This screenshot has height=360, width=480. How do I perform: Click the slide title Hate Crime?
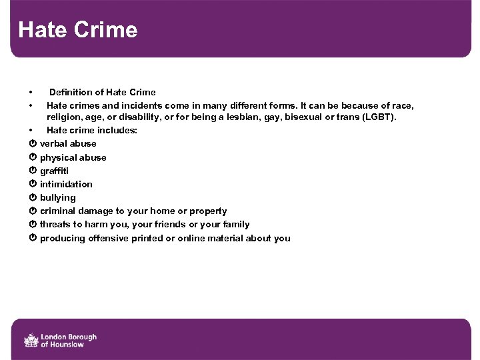[x=78, y=30]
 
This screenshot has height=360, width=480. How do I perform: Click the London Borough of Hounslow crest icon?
[x=31, y=340]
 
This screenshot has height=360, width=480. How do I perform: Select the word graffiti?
[x=54, y=171]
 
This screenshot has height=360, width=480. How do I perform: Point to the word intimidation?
[x=66, y=184]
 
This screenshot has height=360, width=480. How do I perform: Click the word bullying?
[x=58, y=197]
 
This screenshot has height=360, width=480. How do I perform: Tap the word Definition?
[x=71, y=92]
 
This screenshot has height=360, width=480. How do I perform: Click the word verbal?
[x=54, y=143]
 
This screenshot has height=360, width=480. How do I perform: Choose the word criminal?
[x=59, y=211]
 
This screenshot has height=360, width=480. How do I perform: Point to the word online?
[x=192, y=238]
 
